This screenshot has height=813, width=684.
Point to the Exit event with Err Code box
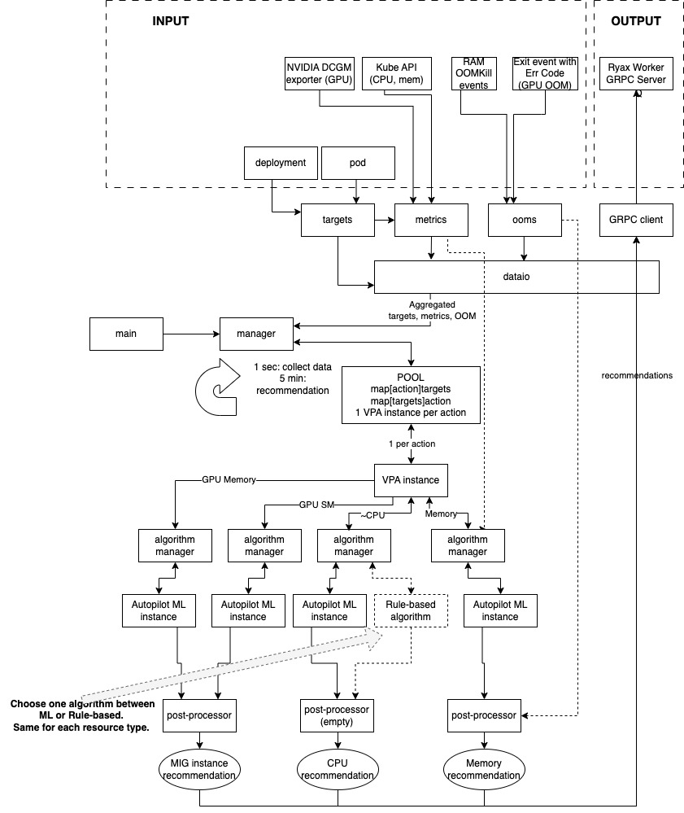click(x=545, y=72)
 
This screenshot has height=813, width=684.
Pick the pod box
click(x=359, y=163)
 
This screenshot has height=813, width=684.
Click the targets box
click(x=338, y=220)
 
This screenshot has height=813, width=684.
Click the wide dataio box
click(x=515, y=277)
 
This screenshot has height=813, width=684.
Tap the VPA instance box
click(x=411, y=479)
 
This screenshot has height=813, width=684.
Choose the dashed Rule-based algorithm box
click(x=411, y=610)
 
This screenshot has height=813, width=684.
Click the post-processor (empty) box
click(x=336, y=715)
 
